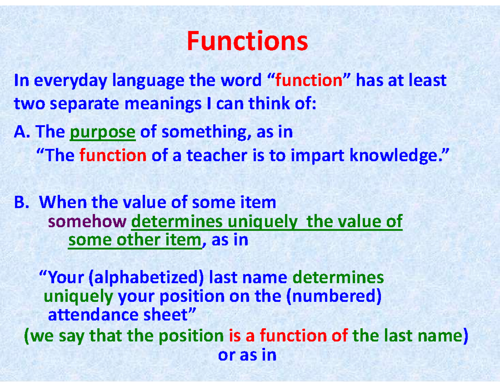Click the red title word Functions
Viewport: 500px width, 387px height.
[247, 41]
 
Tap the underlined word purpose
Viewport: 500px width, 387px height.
[103, 133]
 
